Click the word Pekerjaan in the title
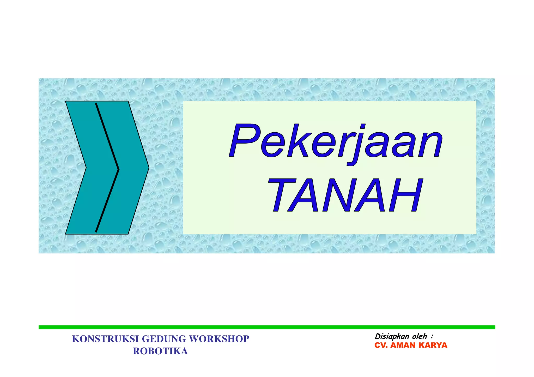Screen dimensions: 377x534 pos(336,142)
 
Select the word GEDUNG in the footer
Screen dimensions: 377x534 pos(164,339)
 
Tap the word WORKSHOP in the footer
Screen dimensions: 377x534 pos(219,339)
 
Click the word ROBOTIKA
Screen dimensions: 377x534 pos(160,351)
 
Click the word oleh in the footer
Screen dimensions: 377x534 pos(420,336)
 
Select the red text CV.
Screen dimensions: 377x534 pos(380,345)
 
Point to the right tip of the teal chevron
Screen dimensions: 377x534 pos(148,168)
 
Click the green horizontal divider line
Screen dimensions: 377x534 pos(266,327)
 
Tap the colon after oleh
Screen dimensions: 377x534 pos(432,337)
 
